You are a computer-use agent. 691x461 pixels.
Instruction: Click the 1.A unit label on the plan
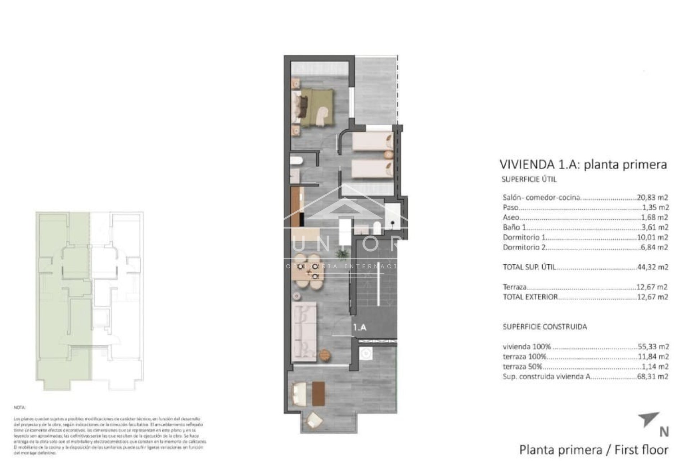point(360,327)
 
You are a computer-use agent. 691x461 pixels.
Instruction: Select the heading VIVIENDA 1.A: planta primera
point(583,165)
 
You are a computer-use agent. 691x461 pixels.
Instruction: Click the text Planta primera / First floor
point(593,450)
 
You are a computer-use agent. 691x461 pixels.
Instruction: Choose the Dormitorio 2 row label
point(524,247)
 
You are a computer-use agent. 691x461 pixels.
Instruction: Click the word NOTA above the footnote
point(19,408)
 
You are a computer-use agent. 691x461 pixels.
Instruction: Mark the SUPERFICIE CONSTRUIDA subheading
point(545,327)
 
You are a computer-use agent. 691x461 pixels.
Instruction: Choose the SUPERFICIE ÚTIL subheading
point(529,179)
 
